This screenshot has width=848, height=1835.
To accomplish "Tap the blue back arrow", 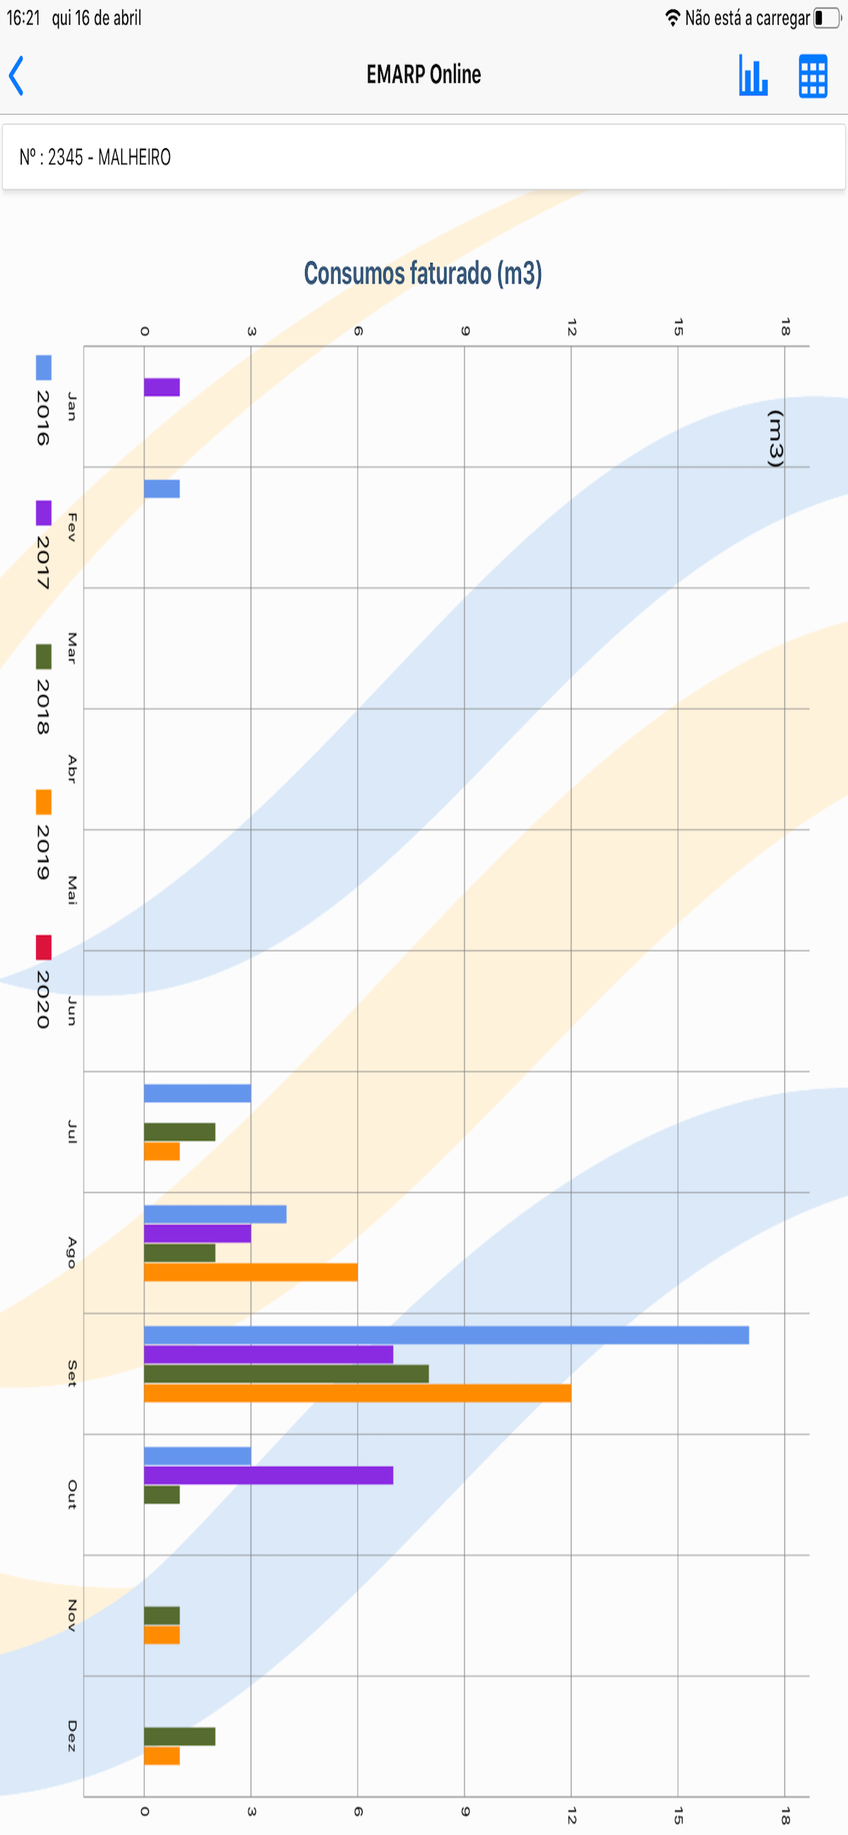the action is pyautogui.click(x=16, y=75).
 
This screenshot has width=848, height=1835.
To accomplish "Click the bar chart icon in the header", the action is pyautogui.click(x=753, y=75).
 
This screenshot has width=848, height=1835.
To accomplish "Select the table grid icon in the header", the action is pyautogui.click(x=812, y=76).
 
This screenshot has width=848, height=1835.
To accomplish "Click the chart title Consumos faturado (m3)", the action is pyautogui.click(x=423, y=273).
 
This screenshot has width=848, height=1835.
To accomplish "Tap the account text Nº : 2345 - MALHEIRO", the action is pyautogui.click(x=95, y=157).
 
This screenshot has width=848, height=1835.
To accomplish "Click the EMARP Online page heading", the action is pyautogui.click(x=423, y=74).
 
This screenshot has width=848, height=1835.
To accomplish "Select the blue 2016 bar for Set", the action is pyautogui.click(x=446, y=1335).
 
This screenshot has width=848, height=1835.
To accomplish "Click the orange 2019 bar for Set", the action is pyautogui.click(x=358, y=1393).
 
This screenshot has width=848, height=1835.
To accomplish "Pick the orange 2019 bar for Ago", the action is pyautogui.click(x=251, y=1272).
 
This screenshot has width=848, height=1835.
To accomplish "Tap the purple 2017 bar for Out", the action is pyautogui.click(x=268, y=1475).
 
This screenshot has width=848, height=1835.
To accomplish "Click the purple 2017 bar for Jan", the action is pyautogui.click(x=162, y=387).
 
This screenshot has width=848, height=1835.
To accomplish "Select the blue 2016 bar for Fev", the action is pyautogui.click(x=162, y=489).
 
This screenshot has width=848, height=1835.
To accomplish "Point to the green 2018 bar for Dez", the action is pyautogui.click(x=180, y=1736).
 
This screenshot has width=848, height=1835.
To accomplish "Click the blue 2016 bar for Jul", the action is pyautogui.click(x=197, y=1093).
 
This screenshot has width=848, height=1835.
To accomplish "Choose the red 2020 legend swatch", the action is pyautogui.click(x=44, y=948).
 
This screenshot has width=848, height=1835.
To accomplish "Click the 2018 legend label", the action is pyautogui.click(x=43, y=707).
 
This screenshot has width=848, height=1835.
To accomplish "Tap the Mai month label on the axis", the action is pyautogui.click(x=72, y=890).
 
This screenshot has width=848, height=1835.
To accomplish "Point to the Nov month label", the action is pyautogui.click(x=72, y=1615).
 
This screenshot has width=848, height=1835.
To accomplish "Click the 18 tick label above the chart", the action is pyautogui.click(x=785, y=327).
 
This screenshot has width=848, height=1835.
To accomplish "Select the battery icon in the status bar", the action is pyautogui.click(x=828, y=18).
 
